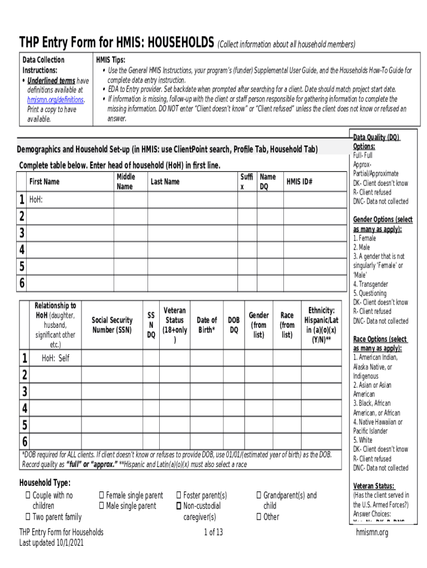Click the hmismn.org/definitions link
(55, 100)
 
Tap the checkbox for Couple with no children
(28, 495)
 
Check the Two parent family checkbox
(28, 517)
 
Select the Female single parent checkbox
(101, 495)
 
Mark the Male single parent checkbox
(101, 506)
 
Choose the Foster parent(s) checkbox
(179, 495)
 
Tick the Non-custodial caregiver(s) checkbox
(179, 506)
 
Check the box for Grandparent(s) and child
(258, 495)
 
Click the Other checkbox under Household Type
(258, 517)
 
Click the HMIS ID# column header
(299, 182)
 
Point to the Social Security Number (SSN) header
(112, 324)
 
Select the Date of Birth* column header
(207, 324)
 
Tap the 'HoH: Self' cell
(56, 358)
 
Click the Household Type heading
(44, 483)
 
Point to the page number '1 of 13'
(213, 532)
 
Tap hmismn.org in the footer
(372, 532)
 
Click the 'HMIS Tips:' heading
(110, 60)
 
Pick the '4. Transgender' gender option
(370, 284)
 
